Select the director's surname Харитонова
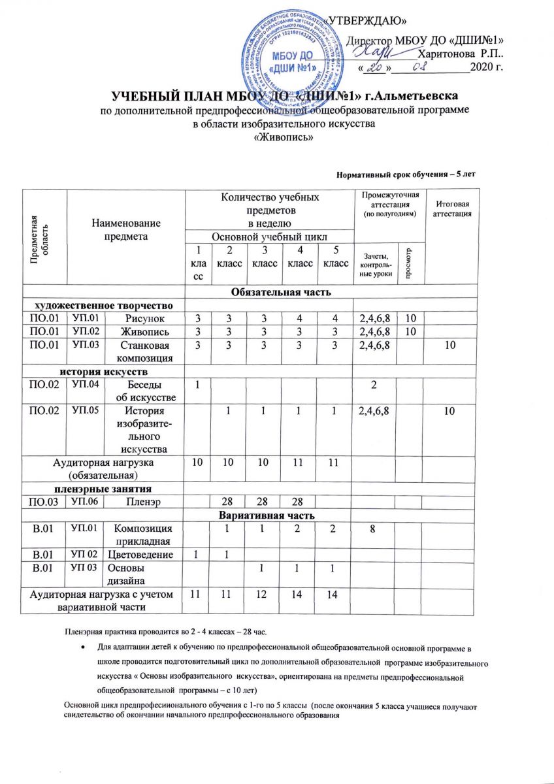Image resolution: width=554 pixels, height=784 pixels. point(451,52)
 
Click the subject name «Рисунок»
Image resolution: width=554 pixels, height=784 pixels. point(145,318)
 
